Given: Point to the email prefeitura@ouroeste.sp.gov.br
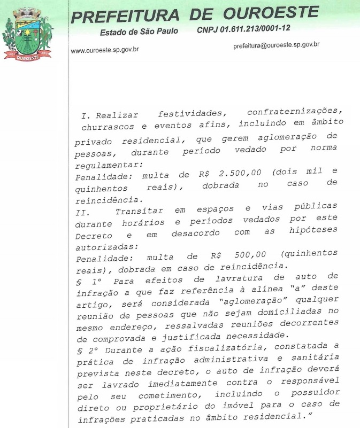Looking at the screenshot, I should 276,45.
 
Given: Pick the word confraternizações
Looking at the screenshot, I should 293,113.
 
